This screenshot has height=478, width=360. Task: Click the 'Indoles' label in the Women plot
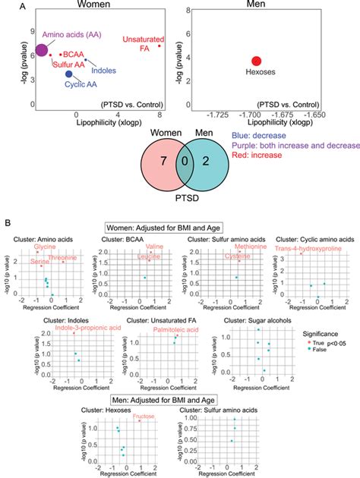click(x=103, y=71)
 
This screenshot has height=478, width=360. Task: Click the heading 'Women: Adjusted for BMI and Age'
click(x=179, y=225)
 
